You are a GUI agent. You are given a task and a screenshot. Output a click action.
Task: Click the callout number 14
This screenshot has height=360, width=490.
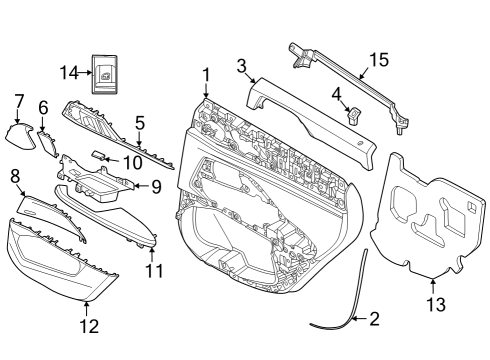67,73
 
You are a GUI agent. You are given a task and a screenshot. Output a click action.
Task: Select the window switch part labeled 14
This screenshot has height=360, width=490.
105,73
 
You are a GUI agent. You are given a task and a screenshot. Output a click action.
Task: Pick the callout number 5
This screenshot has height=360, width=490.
140,123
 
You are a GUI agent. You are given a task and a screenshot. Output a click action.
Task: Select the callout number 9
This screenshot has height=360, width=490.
155,185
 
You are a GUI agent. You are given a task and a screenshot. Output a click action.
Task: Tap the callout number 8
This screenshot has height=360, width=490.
15,177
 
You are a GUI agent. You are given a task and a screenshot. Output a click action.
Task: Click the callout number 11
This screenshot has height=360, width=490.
152,271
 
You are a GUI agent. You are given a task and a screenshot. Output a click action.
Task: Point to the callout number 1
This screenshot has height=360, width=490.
206,74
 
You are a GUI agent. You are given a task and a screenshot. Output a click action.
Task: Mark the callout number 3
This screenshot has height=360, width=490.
241,66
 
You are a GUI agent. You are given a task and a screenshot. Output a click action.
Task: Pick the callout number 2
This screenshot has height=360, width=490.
374,320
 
